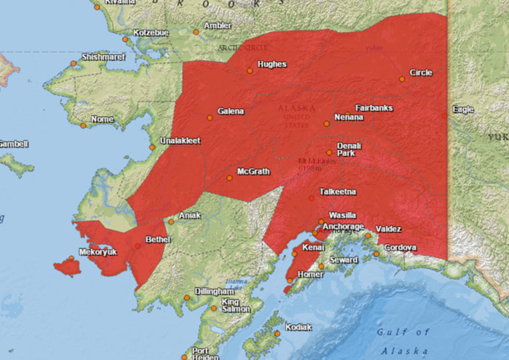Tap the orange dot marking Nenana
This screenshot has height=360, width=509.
(327, 123)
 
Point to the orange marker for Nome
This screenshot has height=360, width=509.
(83, 125)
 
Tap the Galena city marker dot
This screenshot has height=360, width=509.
(210, 118)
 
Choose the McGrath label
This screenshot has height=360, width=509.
(253, 172)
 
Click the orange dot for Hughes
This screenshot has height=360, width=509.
(250, 70)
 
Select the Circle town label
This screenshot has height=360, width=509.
(421, 73)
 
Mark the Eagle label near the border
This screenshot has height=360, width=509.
(463, 109)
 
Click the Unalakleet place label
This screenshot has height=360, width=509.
(179, 141)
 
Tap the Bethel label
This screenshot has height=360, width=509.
(158, 240)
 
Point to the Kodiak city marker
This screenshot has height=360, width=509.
(277, 333)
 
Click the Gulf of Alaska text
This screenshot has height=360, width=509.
(403, 341)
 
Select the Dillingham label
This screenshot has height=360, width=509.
(214, 292)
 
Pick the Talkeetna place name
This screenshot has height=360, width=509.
(338, 191)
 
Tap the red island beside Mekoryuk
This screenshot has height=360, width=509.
(66, 267)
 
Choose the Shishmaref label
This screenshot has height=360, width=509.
(104, 58)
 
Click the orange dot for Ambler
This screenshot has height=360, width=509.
(196, 31)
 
